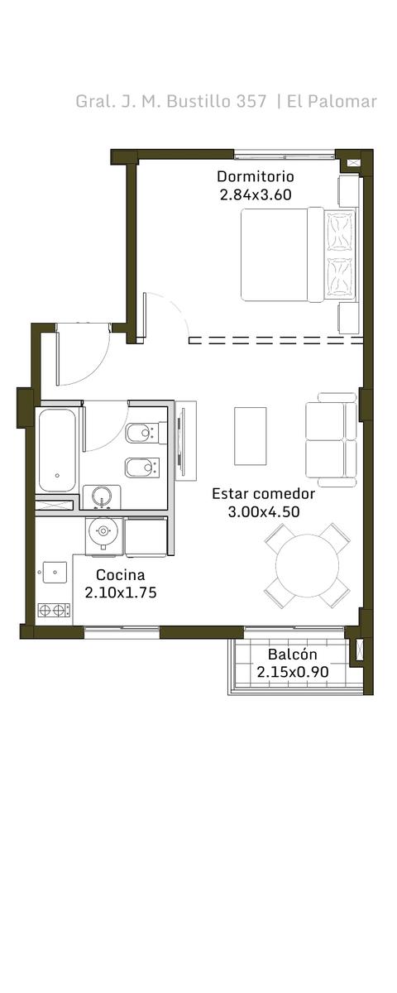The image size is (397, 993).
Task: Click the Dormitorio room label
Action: [256, 176]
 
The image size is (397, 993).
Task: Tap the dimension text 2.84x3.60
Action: [256, 194]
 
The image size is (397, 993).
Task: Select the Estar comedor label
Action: [263, 493]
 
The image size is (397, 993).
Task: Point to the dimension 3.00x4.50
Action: [264, 511]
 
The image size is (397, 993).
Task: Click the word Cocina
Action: [121, 574]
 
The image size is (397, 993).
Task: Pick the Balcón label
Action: [293, 654]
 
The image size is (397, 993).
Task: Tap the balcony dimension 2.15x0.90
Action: [293, 672]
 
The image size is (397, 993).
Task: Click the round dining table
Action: [307, 564]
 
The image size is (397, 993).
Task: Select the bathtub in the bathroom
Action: [57, 450]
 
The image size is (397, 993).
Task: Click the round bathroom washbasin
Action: [102, 497]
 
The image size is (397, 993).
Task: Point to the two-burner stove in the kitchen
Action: [54, 611]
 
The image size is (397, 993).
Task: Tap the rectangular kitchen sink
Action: [55, 573]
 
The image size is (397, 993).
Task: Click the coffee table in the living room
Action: [251, 436]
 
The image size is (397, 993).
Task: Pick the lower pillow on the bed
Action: [340, 276]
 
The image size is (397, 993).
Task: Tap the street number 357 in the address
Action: [251, 102]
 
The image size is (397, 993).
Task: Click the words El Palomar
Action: [332, 102]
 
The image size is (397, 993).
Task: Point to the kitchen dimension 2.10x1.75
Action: [121, 592]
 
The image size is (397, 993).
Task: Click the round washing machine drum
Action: [103, 530]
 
